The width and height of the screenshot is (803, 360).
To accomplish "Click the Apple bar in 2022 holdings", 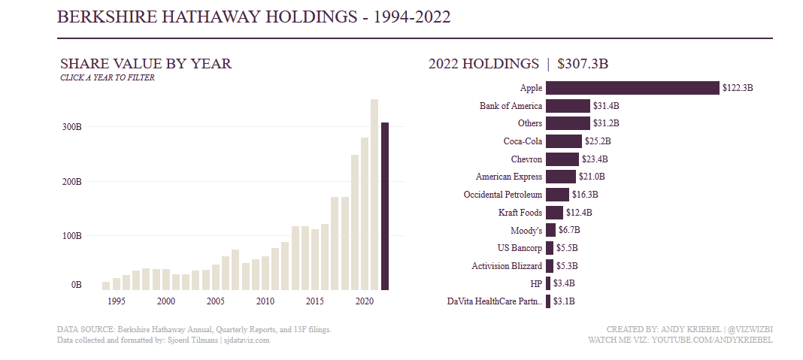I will coord(632,88).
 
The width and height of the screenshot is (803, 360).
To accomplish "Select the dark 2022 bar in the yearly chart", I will coord(385,206).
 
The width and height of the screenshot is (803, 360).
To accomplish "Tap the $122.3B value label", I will coord(738,88).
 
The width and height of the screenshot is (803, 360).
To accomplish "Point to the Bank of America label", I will coord(511,106).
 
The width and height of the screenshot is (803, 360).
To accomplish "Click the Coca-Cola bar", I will coord(564,141).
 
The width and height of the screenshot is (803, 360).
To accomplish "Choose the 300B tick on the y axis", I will coord(71,127).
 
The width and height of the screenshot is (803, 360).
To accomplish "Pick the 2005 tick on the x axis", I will coord(215,301).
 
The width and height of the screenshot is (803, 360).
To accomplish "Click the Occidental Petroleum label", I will coord(503,195).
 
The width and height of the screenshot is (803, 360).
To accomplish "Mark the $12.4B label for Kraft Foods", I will coord(579,213).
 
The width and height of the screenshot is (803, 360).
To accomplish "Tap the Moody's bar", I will coord(550,230).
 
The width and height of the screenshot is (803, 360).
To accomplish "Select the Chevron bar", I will coord(562,159).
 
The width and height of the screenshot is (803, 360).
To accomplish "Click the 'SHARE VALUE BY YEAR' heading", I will coord(146,64).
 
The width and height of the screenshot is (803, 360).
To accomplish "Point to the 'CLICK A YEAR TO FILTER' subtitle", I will coord(108,77).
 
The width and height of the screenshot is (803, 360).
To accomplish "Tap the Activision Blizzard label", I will coord(507,266).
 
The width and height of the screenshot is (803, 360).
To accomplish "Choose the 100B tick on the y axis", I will coord(71,235).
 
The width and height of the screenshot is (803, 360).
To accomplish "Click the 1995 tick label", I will coord(116,301).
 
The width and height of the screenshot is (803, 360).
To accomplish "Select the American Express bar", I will coord(561,177).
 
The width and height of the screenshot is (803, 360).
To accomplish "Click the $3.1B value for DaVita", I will coord(565,301).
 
